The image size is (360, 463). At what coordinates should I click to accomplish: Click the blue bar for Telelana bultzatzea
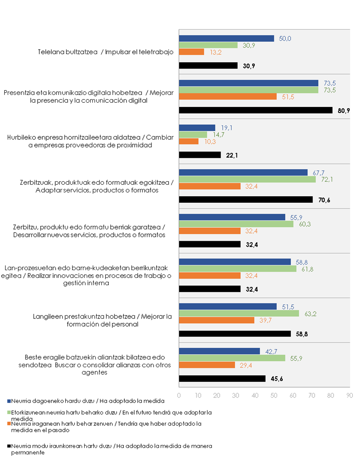pos(226,38)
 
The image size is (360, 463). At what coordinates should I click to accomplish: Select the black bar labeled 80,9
pos(256,110)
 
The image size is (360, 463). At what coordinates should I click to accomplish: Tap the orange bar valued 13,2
pos(191,52)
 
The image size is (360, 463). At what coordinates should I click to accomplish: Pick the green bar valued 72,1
pos(247,179)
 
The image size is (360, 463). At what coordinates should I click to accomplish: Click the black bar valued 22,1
pos(200,155)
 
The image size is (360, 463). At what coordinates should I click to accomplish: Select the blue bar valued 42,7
pos(219,351)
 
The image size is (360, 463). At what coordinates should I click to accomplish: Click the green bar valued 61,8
pos(237,268)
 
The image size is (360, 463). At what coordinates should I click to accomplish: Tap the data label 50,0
pos(285,38)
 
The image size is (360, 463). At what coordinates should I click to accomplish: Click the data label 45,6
pos(277,379)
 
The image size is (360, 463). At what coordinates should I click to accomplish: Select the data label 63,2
pos(310,313)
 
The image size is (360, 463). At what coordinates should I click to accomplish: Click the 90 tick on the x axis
pos(350,395)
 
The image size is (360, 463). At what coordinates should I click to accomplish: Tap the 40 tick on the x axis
pos(255,395)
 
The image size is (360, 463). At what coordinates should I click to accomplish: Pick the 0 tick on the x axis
pos(179,395)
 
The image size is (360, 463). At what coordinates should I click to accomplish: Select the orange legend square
pos(9,424)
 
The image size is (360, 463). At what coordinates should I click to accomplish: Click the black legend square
pos(9,446)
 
